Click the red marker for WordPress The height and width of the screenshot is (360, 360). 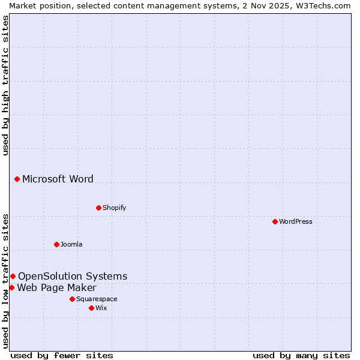[275, 221]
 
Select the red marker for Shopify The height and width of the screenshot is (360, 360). [98, 208]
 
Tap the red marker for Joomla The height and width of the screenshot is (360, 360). [56, 244]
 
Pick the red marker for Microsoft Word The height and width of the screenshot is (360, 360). [17, 179]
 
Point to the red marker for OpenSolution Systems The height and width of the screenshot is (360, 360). [13, 276]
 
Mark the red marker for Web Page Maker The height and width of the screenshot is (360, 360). [11, 287]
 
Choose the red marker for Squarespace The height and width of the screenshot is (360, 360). [72, 299]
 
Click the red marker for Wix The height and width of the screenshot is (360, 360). [91, 308]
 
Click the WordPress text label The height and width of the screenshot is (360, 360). [296, 221]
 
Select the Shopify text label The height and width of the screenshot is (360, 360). [114, 208]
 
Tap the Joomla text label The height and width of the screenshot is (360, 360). [71, 244]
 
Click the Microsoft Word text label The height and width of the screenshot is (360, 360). [58, 179]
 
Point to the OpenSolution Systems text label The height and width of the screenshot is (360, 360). [73, 276]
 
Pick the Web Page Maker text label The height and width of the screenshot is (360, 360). [56, 287]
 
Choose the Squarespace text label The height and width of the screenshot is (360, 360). [97, 299]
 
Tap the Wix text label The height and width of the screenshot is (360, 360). [101, 308]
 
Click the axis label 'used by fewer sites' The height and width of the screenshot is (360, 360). [62, 355]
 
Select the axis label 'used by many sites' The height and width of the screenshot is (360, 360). [301, 355]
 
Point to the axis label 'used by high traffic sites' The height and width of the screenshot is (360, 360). [5, 85]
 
